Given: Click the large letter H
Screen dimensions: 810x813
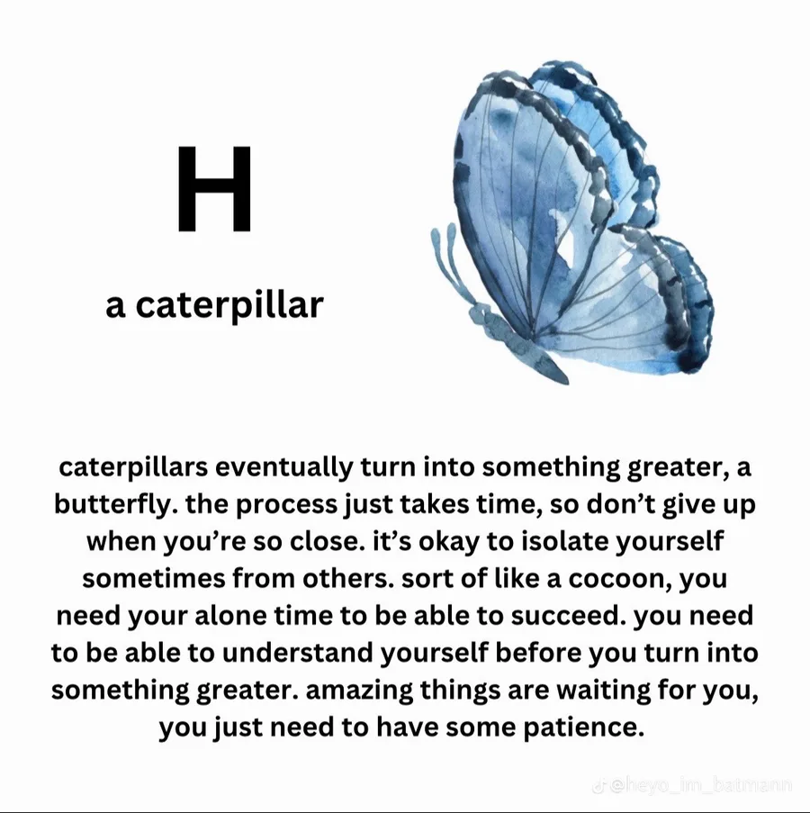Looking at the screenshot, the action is (x=214, y=188).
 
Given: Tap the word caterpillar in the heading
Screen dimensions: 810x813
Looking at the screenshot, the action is (x=230, y=305).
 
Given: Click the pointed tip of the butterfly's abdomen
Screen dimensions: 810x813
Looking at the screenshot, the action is (x=567, y=382).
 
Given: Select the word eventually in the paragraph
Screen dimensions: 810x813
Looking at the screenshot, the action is (x=283, y=466).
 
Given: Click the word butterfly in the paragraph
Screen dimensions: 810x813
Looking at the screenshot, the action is (x=112, y=504).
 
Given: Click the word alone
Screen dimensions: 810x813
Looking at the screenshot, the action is (x=230, y=616).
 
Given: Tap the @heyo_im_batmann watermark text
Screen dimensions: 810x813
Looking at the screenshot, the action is (x=696, y=786).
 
